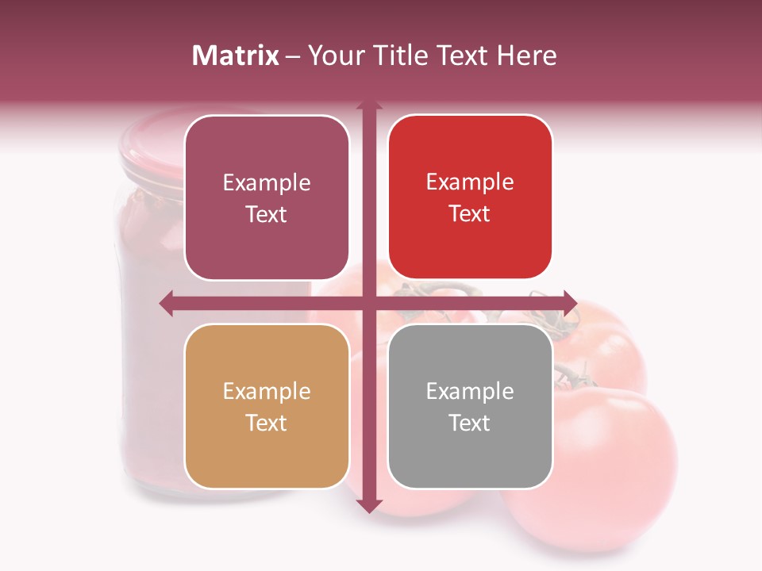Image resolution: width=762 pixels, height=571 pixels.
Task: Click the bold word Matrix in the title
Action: [236, 56]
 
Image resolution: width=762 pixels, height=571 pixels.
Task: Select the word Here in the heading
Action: [526, 56]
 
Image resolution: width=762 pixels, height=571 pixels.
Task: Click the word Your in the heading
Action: [334, 56]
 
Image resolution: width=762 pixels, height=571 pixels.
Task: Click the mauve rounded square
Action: [267, 198]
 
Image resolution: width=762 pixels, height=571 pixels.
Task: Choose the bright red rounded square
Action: [470, 197]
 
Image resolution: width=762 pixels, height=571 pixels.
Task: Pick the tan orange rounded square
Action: [267, 406]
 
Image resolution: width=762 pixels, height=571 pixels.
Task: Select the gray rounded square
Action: [470, 406]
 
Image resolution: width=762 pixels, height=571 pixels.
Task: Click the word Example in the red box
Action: [470, 182]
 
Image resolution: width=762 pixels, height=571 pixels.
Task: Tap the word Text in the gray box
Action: [470, 423]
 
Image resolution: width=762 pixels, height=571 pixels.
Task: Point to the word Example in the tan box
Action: [267, 391]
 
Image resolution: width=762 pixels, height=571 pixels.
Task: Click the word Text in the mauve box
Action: [267, 215]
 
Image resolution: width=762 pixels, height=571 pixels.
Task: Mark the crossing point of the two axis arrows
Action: [368, 303]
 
